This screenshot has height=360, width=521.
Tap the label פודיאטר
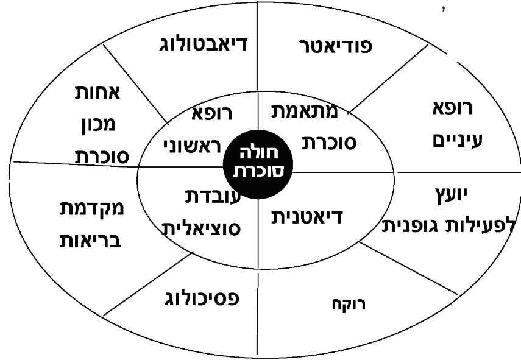336,46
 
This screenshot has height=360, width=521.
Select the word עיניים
457,141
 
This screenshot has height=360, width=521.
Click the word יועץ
451,196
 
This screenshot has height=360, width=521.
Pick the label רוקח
349,304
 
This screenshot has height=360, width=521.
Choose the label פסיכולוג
202,298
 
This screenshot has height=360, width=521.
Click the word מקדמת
91,208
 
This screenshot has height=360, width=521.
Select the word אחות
97,93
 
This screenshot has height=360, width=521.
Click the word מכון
99,124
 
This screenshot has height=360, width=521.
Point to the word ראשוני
192,146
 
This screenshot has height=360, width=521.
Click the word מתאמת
305,111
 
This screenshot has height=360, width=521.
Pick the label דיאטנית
307,217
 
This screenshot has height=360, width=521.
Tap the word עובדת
213,197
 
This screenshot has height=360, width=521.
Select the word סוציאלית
201,228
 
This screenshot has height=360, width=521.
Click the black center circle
258,164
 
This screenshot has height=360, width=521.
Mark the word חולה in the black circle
258,154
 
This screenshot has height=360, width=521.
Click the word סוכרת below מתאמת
329,143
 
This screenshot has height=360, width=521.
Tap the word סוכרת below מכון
102,156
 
